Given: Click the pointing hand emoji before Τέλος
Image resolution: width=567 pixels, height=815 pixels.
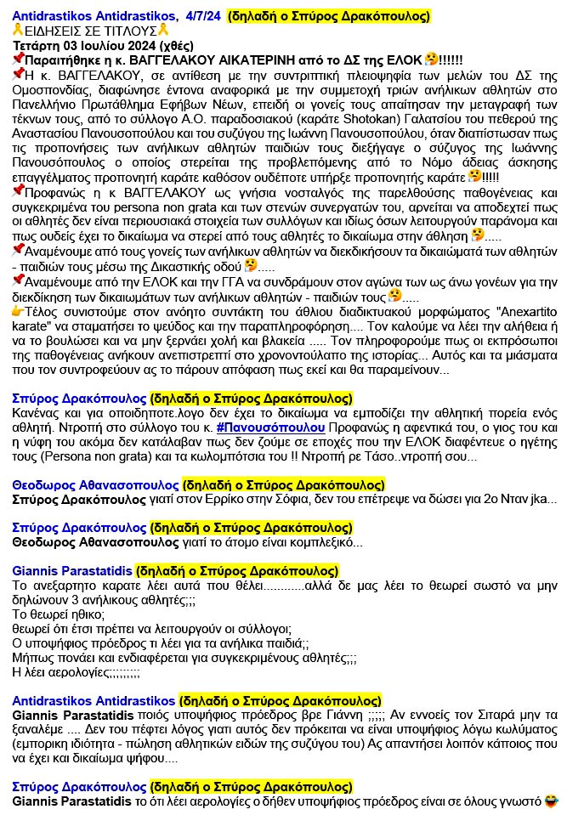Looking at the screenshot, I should (x=18, y=312).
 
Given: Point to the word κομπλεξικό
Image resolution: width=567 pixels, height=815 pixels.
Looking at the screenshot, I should (x=318, y=542).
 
